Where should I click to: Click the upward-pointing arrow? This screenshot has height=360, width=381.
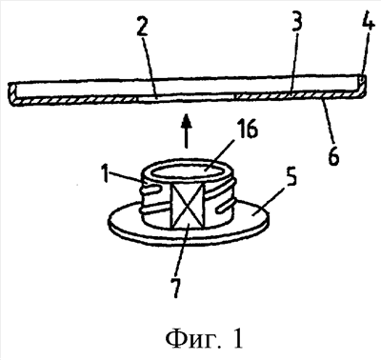187,130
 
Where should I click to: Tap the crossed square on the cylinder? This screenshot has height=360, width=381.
188,206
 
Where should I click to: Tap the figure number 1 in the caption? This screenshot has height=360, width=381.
237,337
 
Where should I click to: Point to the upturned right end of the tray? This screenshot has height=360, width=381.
361,87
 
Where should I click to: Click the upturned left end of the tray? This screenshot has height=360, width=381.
13,94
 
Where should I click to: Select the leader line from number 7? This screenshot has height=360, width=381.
183,250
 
